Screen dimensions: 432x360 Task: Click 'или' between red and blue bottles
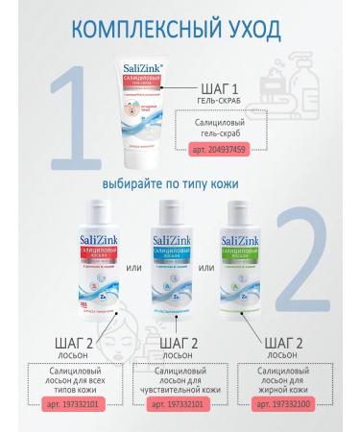click(x=132, y=254)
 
